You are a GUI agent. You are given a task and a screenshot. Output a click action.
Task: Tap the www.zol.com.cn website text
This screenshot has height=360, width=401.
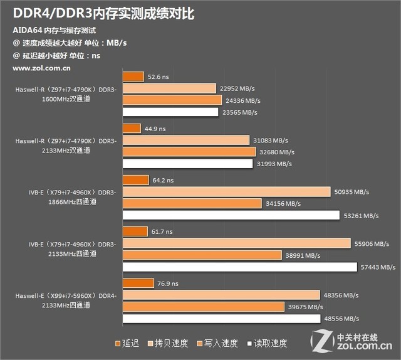(x=41, y=67)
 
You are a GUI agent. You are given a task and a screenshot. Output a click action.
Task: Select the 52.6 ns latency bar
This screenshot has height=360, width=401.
(x=133, y=77)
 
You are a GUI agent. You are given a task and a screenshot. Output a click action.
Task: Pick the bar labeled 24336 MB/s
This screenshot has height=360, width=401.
(x=172, y=100)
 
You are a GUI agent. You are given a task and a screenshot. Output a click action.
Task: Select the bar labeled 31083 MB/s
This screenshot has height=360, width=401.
(x=186, y=140)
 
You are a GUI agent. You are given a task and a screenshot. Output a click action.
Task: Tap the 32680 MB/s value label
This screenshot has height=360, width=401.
(x=278, y=152)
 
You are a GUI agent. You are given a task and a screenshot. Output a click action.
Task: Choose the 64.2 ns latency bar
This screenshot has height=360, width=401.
(x=136, y=180)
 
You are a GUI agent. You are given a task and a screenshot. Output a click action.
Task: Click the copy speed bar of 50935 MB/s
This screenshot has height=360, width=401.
(x=226, y=192)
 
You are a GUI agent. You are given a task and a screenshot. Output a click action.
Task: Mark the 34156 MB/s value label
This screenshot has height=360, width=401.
(x=283, y=204)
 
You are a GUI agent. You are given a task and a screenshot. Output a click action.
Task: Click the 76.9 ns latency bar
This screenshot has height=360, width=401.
(x=138, y=283)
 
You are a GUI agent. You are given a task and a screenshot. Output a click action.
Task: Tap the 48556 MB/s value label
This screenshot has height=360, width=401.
(x=342, y=319)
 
